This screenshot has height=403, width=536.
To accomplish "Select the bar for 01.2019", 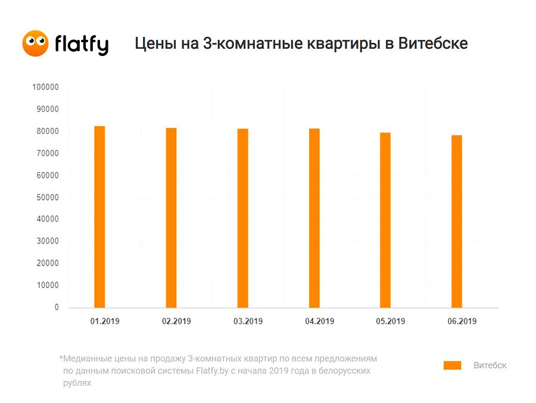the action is point(100,217).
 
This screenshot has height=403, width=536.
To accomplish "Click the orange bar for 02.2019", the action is point(172,218).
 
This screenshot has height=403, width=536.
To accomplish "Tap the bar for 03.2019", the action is point(243,218).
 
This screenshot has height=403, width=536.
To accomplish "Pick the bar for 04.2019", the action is point(314,218).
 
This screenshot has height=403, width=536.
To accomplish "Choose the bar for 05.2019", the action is point(385,220).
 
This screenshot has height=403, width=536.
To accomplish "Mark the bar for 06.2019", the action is point(457,221).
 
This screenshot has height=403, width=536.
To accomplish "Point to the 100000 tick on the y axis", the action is point(45,87).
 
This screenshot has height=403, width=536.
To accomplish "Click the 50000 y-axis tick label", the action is point(48,198).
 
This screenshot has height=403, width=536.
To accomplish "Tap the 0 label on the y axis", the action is point(57,307).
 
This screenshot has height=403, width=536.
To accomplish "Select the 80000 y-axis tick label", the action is point(48,131).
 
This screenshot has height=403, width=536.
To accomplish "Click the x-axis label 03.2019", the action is point(248,321).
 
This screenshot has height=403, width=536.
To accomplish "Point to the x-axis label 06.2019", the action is point(462,321).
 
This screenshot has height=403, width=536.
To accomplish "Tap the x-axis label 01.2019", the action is point(105,321).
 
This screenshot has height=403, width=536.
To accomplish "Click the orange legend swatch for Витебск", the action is point(452,365).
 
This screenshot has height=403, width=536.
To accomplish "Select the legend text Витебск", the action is point(490,365).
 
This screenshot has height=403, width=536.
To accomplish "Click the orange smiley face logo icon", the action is point(35,43).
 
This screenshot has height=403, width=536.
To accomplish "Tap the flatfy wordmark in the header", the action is point(82,45).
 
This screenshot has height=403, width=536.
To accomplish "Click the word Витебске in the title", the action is point(433,43).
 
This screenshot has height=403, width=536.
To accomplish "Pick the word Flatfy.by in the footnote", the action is point(212,371).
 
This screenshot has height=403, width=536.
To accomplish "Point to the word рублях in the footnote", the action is point(77,383).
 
